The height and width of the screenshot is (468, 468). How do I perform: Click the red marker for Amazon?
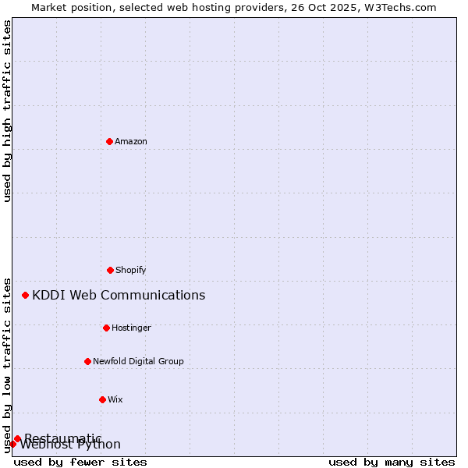click(109, 141)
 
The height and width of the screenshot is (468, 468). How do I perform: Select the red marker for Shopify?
click(110, 270)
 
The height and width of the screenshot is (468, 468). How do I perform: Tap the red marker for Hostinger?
click(106, 328)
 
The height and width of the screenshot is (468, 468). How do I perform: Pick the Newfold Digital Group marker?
click(87, 361)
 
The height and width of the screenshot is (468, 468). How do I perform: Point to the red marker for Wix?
click(102, 399)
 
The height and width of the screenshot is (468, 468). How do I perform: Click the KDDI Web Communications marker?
click(26, 295)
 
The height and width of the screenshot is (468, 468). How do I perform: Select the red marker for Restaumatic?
click(17, 438)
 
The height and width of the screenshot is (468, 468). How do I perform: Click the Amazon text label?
click(131, 141)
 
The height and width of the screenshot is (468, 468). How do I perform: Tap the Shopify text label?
click(131, 270)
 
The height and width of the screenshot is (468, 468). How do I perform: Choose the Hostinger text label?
click(131, 328)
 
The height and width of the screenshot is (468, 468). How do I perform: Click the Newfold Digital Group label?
click(138, 361)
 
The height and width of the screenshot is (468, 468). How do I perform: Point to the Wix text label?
click(115, 399)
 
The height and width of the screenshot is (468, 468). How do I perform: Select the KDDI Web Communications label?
click(119, 295)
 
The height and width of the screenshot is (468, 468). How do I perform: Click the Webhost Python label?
click(71, 445)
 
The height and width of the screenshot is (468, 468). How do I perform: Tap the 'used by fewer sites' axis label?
click(80, 462)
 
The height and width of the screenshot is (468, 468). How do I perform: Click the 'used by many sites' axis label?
click(392, 462)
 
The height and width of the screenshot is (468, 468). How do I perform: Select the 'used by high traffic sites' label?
click(7, 111)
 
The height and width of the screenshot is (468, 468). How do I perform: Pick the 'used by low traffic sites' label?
click(7, 364)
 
